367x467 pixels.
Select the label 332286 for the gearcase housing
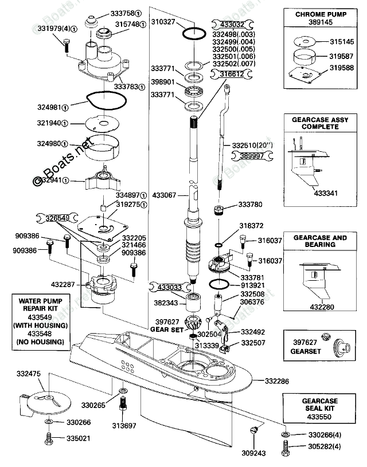278,380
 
